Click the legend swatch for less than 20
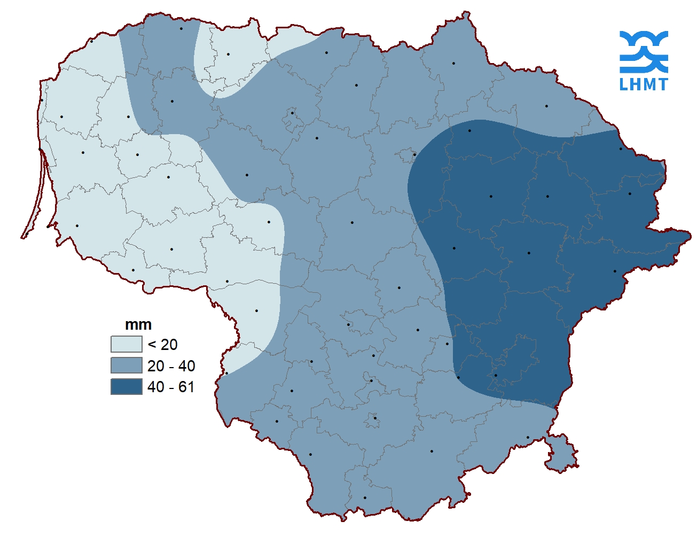pyautogui.click(x=127, y=344)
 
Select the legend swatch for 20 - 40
pyautogui.click(x=127, y=365)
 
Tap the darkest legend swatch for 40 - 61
pyautogui.click(x=127, y=386)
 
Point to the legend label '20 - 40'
pyautogui.click(x=171, y=366)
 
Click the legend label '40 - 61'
pyautogui.click(x=171, y=387)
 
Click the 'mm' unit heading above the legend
pyautogui.click(x=138, y=325)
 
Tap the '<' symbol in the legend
pyautogui.click(x=152, y=345)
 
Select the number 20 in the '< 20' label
pyautogui.click(x=169, y=345)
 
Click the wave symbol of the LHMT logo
pyautogui.click(x=644, y=51)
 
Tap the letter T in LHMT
pyautogui.click(x=662, y=84)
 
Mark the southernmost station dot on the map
pyautogui.click(x=365, y=497)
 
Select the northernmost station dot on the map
pyautogui.click(x=181, y=28)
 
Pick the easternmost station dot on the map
pyautogui.click(x=630, y=193)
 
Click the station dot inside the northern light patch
pyautogui.click(x=228, y=54)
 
